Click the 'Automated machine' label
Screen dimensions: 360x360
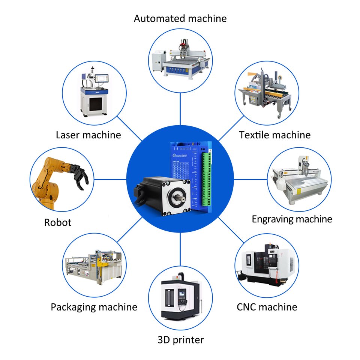tap(180, 18)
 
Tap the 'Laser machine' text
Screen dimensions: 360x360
tap(88, 135)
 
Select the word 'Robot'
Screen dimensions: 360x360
tap(58, 222)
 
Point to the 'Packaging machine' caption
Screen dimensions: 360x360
tap(94, 307)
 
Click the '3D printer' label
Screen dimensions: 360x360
tap(180, 340)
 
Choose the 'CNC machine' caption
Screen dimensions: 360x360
tap(267, 307)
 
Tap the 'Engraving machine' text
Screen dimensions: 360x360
tap(292, 219)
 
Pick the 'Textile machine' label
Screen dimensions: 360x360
tap(275, 135)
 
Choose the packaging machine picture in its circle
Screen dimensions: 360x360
tap(94, 264)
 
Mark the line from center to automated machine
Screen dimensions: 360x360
tap(180, 109)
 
